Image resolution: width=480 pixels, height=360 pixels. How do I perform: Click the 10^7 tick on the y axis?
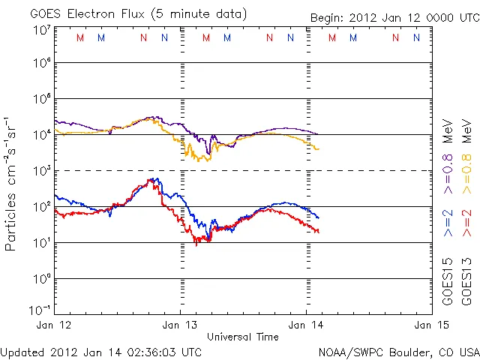point(41,30)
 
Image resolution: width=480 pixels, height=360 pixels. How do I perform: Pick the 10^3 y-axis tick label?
point(41,171)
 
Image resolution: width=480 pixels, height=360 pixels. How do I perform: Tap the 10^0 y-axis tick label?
point(41,279)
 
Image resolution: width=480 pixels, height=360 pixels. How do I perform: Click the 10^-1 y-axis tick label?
point(40,310)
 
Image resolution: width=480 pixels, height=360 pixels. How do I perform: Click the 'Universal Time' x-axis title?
point(243,337)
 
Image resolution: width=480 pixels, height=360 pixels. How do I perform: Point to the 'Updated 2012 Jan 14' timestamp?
point(101,351)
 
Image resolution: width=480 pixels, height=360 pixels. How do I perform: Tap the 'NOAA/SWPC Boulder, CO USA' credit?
point(398,351)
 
